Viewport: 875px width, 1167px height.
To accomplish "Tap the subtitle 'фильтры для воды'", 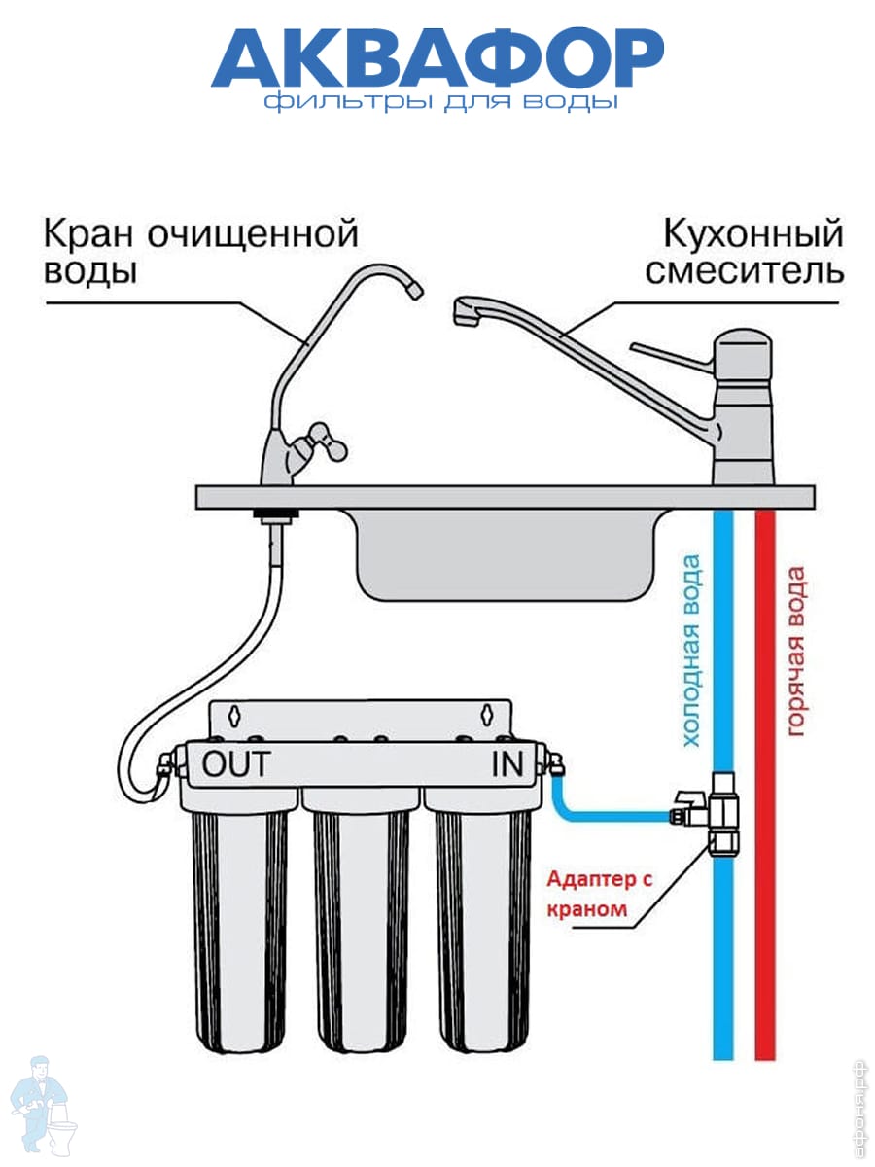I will [439, 102].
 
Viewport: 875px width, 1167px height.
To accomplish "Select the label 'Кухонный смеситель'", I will [744, 251].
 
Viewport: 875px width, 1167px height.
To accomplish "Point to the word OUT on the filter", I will [235, 764].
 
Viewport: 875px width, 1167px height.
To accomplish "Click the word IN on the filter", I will [507, 764].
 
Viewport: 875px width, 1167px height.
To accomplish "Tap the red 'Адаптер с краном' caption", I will [594, 895].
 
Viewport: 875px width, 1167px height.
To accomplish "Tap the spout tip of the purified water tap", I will [414, 289].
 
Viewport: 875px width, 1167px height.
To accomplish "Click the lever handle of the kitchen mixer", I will [671, 350].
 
